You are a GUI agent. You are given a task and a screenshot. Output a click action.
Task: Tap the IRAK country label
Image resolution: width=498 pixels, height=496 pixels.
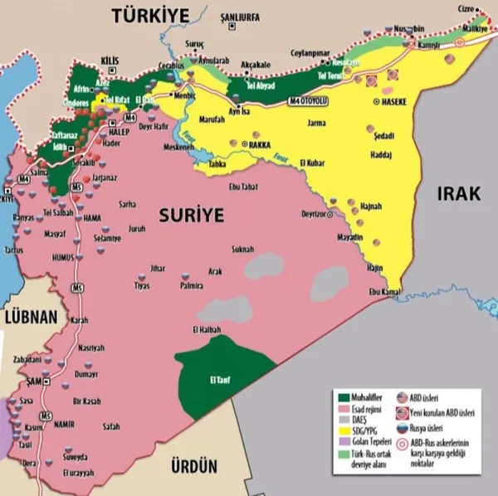tap(456, 193)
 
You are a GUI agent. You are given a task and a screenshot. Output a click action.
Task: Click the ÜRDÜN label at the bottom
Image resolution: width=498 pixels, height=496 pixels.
tap(192, 467)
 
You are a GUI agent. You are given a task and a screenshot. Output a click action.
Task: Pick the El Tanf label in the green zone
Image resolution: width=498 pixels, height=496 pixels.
tap(221, 380)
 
